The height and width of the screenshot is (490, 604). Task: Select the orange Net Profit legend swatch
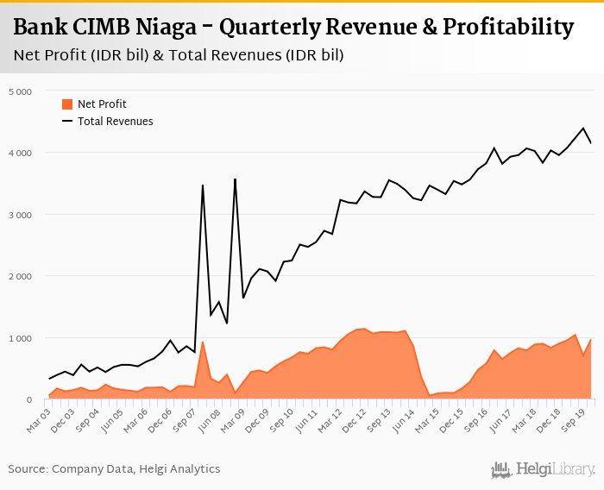click(x=67, y=104)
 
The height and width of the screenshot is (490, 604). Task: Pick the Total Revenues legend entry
click(x=115, y=122)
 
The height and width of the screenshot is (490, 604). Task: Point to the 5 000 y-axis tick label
click(x=20, y=91)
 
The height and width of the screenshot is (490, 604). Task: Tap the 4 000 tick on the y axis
click(x=20, y=153)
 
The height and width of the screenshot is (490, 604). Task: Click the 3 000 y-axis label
click(x=20, y=214)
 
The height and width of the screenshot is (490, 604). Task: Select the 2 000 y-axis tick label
click(x=20, y=276)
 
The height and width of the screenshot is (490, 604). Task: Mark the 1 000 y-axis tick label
click(x=20, y=338)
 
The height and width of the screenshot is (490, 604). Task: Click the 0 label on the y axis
click(x=28, y=399)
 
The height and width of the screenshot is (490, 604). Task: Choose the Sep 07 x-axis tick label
click(x=187, y=418)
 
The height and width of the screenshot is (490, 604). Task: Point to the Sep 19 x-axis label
click(x=581, y=418)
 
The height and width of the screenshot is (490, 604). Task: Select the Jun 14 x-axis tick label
click(x=400, y=418)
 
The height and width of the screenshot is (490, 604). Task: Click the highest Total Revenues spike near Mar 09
click(x=236, y=179)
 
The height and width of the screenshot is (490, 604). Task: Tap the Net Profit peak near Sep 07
click(x=203, y=342)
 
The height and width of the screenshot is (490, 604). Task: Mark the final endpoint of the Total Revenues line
click(x=591, y=143)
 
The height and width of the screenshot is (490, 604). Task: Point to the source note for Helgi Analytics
click(x=114, y=469)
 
